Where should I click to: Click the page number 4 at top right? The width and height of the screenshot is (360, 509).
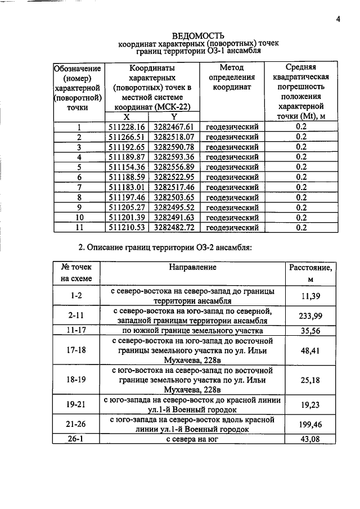point(339,19)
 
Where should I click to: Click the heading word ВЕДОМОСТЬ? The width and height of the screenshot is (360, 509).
point(198,35)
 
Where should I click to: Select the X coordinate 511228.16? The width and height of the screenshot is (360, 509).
point(127,127)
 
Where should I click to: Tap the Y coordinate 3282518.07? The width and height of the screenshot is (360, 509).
point(174,137)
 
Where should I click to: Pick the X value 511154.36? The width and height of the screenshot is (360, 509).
point(127,167)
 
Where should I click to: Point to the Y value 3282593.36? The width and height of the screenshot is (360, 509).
point(174,157)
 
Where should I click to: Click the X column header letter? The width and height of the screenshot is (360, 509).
point(127,116)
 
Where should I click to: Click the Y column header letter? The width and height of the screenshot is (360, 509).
point(174,116)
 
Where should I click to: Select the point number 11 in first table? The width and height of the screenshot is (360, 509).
point(79,227)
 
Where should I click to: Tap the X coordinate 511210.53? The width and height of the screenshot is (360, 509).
point(127,227)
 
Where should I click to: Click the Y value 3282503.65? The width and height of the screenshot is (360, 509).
point(174,197)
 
